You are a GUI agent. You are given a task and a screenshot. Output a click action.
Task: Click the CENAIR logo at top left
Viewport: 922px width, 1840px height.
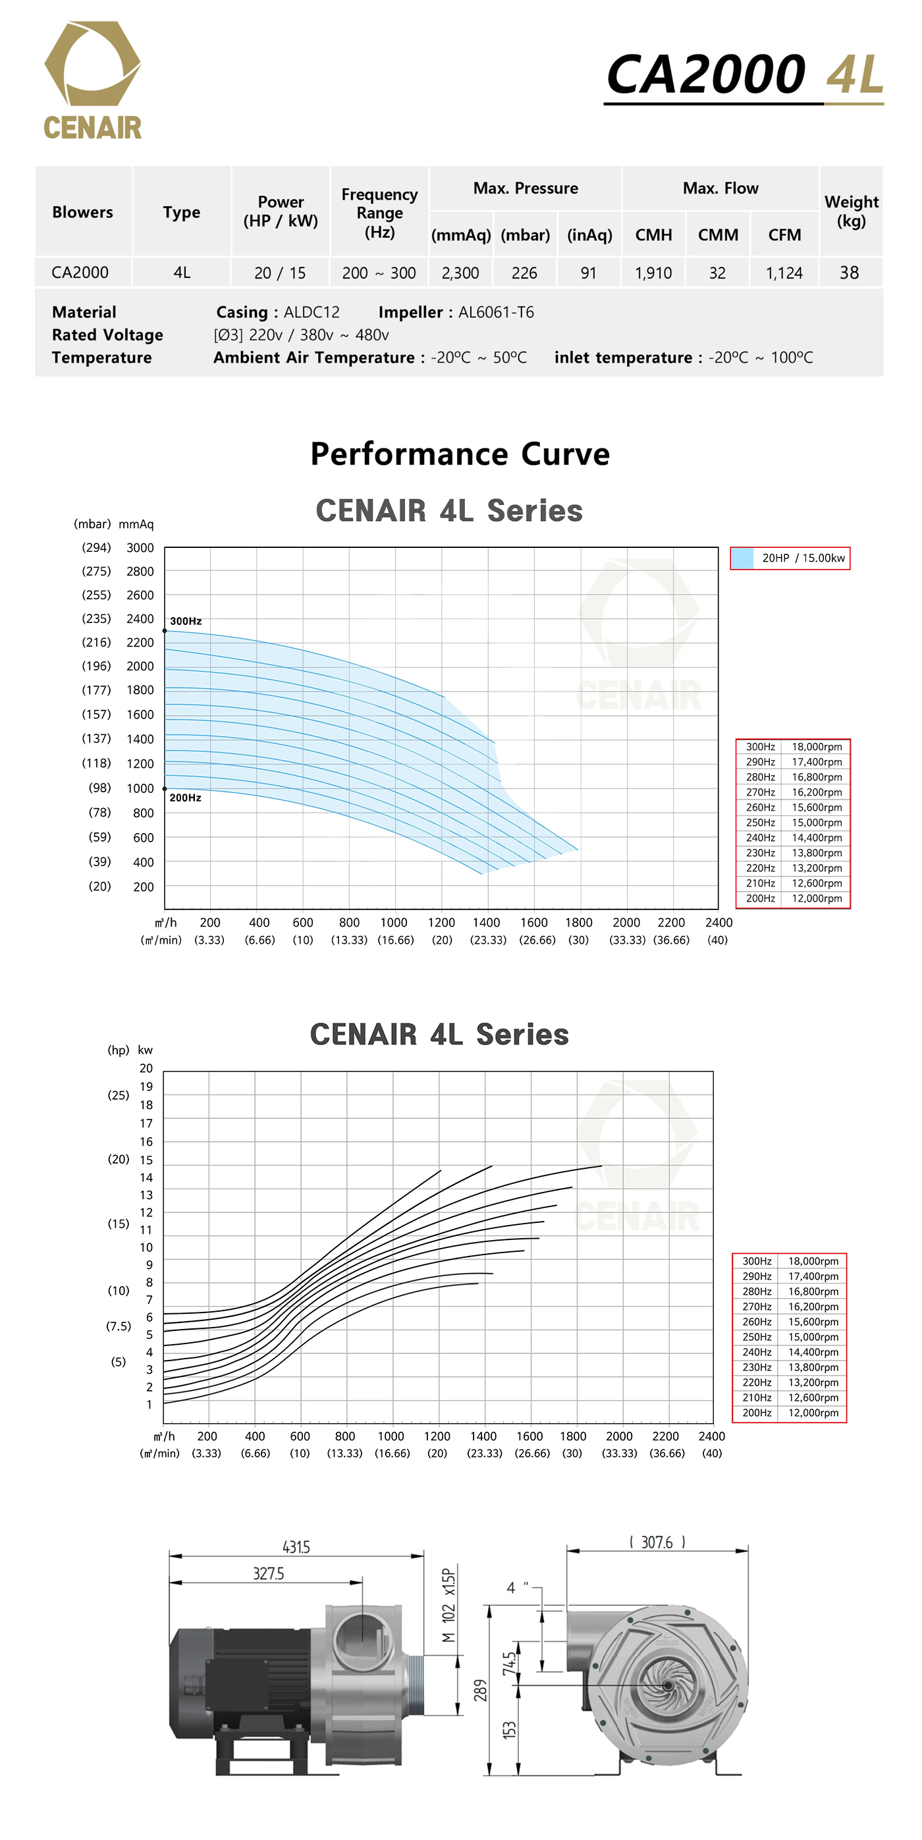93,80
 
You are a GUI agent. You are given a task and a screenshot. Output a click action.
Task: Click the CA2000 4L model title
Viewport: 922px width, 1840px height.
744,75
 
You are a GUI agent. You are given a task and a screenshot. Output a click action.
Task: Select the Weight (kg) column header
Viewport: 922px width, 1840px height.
851,211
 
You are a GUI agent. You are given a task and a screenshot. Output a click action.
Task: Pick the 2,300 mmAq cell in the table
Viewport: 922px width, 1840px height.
460,273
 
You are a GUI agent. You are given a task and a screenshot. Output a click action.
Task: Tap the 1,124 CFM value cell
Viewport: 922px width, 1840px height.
784,273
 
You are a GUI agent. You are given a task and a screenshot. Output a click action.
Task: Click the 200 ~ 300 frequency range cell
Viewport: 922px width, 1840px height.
379,273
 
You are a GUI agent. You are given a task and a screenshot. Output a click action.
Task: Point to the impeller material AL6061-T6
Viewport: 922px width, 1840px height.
496,312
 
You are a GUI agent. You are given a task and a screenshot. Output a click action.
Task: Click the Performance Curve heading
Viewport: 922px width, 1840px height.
460,454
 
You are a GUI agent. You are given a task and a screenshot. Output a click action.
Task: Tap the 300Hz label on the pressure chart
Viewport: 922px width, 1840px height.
186,622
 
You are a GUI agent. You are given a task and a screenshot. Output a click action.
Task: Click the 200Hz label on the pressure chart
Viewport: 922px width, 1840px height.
185,798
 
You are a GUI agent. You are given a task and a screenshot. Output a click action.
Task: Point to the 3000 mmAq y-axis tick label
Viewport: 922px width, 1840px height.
140,548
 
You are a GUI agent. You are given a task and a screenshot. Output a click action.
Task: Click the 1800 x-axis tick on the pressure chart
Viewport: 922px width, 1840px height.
578,922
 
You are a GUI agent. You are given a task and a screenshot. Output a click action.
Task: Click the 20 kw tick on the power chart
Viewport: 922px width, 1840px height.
146,1069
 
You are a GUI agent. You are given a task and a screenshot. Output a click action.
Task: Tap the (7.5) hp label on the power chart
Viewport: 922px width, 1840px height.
119,1326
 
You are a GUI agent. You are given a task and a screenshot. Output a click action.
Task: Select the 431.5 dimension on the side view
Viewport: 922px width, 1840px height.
296,1547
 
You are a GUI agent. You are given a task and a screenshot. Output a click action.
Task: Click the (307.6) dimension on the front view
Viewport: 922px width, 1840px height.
657,1543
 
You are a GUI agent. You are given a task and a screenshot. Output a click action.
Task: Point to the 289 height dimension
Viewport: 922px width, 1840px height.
480,1691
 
